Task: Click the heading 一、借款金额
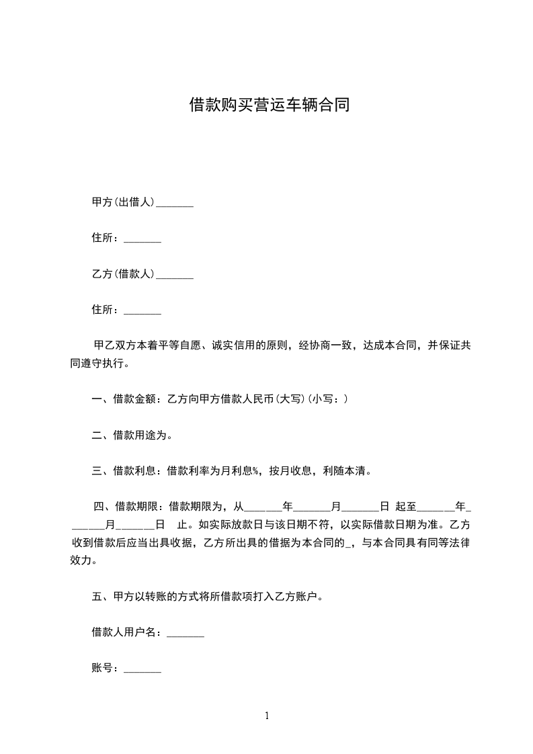(x=124, y=399)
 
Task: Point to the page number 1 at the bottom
(x=267, y=716)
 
